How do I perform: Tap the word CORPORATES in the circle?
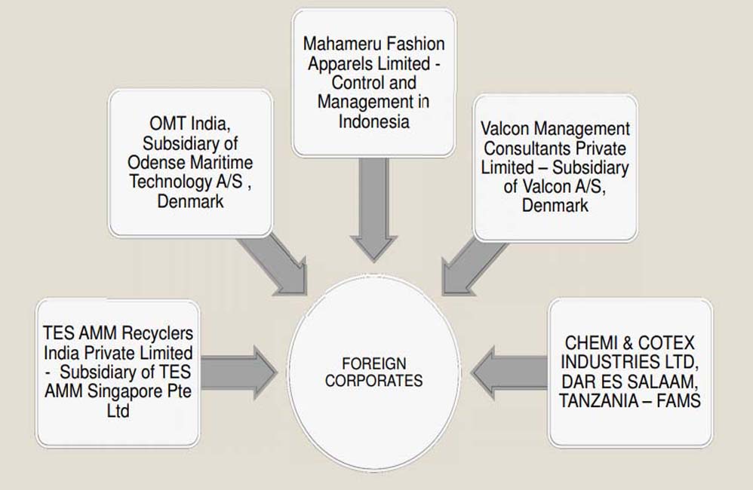(x=374, y=381)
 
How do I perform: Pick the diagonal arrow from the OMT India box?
(x=276, y=262)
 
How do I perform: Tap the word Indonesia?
(x=374, y=121)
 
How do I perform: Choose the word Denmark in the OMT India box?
(x=190, y=201)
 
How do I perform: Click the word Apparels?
(x=340, y=63)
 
